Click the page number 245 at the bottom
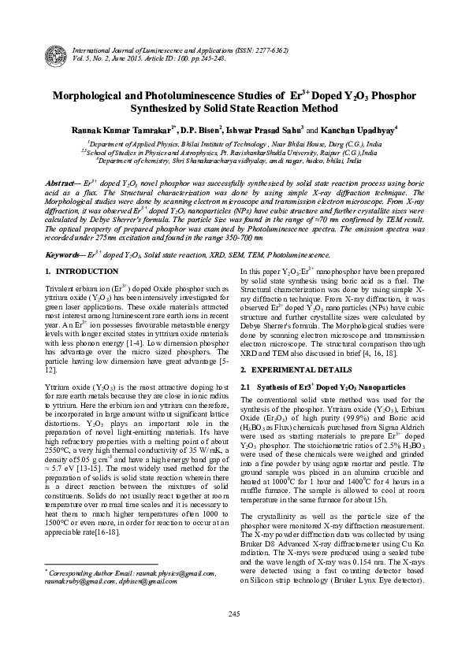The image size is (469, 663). coord(233,635)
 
